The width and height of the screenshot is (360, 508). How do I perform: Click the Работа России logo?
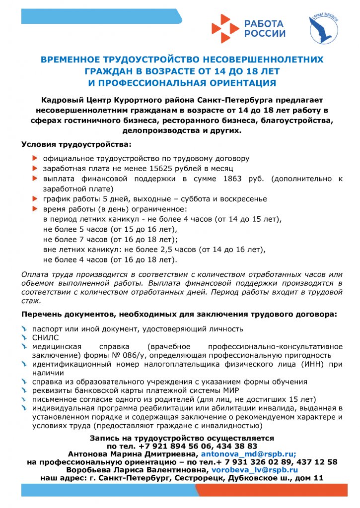coord(248,28)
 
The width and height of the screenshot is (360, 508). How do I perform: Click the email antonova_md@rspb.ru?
coord(248,453)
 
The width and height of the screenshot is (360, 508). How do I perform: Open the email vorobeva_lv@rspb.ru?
coord(254,469)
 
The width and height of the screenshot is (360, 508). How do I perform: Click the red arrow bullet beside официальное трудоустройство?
coord(34,158)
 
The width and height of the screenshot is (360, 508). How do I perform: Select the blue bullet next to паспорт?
coord(25,328)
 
